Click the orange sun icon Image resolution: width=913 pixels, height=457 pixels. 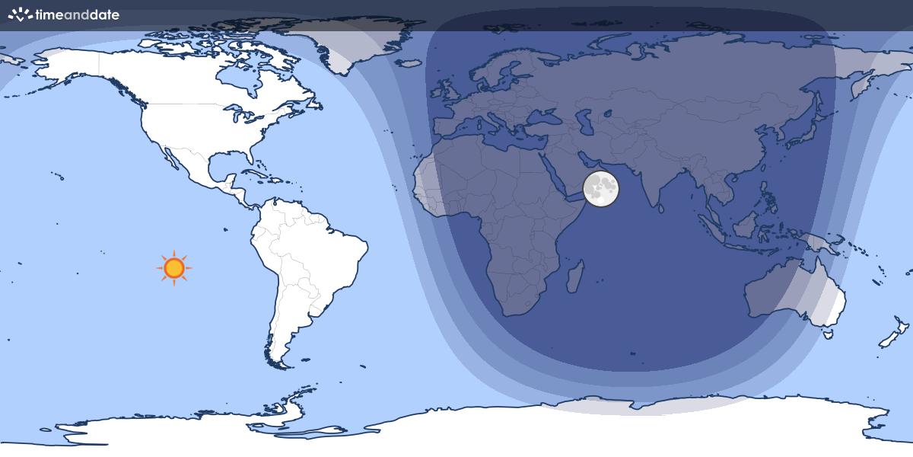pos(174,268)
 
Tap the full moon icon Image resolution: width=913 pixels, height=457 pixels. pos(601,188)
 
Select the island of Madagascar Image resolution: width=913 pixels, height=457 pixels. pos(576,276)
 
